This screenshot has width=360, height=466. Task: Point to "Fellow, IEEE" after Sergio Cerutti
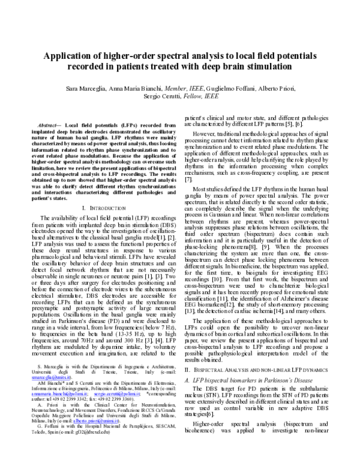coord(202,96)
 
